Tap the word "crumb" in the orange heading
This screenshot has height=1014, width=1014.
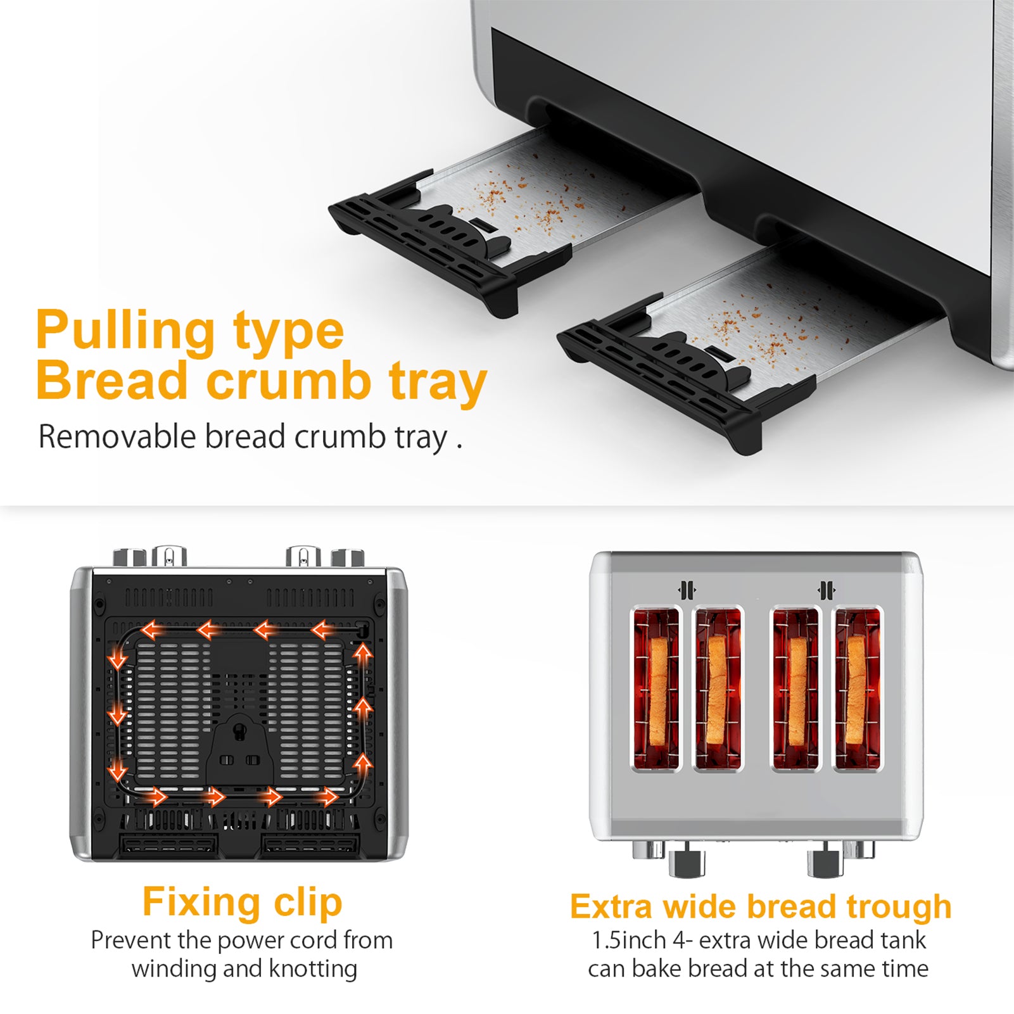pyautogui.click(x=289, y=381)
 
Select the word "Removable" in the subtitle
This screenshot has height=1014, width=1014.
pyautogui.click(x=117, y=437)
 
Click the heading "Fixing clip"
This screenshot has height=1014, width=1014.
pyautogui.click(x=242, y=903)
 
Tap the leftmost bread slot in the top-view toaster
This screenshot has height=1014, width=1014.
pyautogui.click(x=656, y=688)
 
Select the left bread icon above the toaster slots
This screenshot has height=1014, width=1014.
pyautogui.click(x=687, y=590)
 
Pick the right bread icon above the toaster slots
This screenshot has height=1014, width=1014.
pyautogui.click(x=826, y=590)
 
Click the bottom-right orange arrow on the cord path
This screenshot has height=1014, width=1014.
pyautogui.click(x=328, y=796)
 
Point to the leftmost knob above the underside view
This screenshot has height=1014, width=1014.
pyautogui.click(x=130, y=558)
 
